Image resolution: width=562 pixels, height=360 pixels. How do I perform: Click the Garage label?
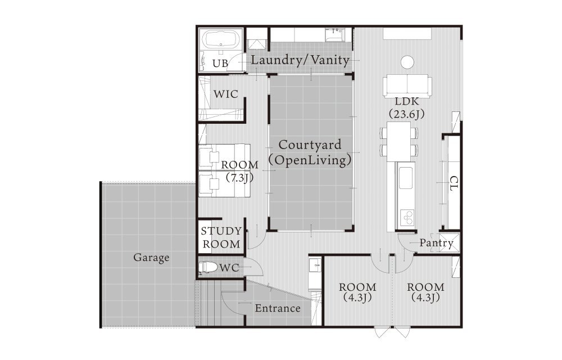tap(151, 258)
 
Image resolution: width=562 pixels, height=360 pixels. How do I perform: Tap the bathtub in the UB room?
tap(221, 39)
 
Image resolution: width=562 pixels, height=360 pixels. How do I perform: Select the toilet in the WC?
tap(209, 267)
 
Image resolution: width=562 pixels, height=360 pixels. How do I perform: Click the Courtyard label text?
tap(310, 145)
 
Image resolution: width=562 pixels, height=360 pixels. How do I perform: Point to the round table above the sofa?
tap(407, 62)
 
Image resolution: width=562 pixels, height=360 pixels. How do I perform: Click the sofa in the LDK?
tap(407, 86)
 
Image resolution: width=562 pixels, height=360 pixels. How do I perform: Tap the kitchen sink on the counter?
tap(405, 178)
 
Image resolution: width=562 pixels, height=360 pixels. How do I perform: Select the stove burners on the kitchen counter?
tap(407, 217)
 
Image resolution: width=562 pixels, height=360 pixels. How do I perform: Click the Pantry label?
tap(436, 244)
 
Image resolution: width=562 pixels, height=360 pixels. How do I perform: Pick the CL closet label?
tap(454, 183)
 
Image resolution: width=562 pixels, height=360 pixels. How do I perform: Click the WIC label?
tap(226, 94)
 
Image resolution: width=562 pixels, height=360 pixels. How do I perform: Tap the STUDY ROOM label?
tap(221, 238)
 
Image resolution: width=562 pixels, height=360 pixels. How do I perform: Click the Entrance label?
tap(278, 308)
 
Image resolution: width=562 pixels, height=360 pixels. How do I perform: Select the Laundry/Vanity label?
tap(300, 60)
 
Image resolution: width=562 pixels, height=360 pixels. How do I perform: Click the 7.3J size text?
tap(239, 177)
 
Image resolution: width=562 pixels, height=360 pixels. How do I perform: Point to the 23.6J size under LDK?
tap(407, 114)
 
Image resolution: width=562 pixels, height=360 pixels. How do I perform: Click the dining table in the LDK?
tap(399, 142)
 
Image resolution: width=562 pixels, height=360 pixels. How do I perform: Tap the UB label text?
tap(220, 64)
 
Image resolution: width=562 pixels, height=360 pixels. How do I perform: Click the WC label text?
tap(229, 268)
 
